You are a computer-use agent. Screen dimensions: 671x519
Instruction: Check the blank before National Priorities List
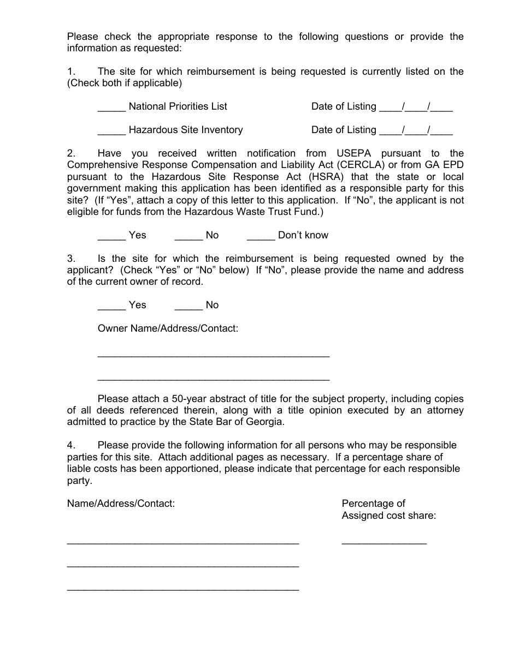click(x=111, y=107)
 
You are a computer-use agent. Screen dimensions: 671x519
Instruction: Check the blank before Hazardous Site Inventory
click(x=111, y=131)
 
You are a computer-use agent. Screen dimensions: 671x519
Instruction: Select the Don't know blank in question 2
click(x=261, y=236)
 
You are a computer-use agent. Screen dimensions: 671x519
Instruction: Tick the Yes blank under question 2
click(x=111, y=236)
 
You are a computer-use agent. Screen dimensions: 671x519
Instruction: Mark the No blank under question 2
click(x=188, y=236)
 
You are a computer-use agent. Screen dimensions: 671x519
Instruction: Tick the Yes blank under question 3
click(x=111, y=306)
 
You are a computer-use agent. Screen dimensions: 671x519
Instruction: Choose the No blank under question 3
click(x=188, y=306)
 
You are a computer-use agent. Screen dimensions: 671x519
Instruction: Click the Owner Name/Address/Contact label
click(x=168, y=329)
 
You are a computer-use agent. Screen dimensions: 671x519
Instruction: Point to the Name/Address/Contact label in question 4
click(x=121, y=504)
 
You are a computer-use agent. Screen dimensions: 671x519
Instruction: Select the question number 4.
click(x=71, y=445)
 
